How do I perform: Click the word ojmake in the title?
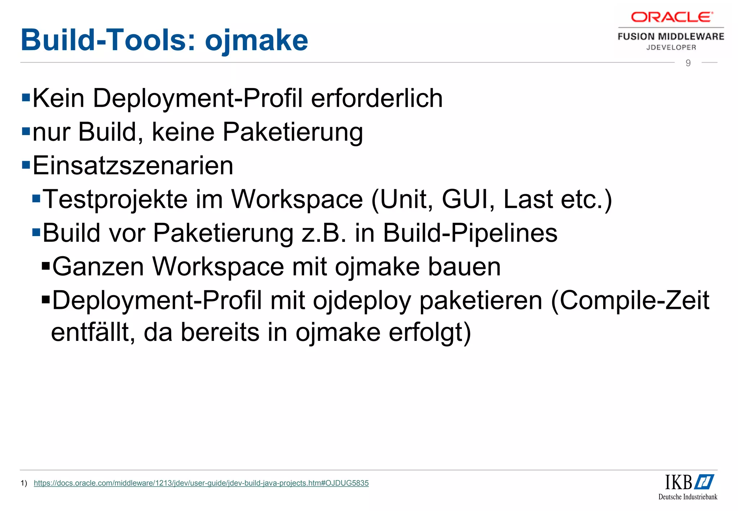point(256,40)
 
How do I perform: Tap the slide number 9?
point(688,63)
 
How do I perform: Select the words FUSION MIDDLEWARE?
point(671,36)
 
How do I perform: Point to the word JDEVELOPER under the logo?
point(671,47)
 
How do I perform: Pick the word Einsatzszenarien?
point(133,165)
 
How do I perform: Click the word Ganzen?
point(98,267)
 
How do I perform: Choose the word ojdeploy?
point(362,301)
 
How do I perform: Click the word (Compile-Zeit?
point(630,301)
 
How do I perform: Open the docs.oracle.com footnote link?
point(201,483)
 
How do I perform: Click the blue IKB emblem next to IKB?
point(704,482)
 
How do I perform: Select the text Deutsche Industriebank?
point(688,497)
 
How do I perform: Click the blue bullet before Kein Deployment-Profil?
point(26,97)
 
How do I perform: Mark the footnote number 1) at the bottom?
point(24,483)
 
